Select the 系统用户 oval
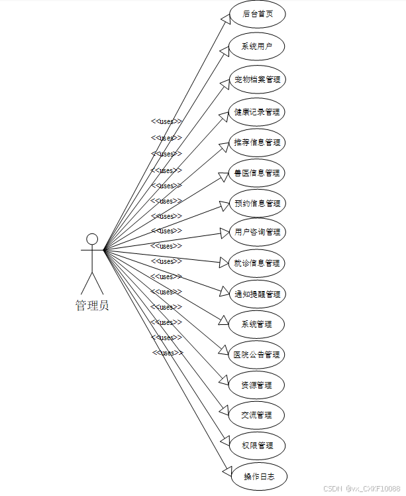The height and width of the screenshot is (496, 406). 257,46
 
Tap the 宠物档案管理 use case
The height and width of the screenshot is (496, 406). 257,80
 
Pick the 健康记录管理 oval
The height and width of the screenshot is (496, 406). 257,111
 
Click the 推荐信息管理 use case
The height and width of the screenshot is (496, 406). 257,142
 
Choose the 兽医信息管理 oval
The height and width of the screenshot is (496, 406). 257,172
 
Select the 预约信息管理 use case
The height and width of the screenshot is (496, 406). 257,203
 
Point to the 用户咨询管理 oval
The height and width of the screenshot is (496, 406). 257,232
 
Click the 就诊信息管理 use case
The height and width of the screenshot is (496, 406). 257,263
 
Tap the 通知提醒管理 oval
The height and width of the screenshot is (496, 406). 257,294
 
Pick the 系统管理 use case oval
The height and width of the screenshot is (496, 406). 257,324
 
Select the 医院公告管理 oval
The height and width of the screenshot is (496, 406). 257,354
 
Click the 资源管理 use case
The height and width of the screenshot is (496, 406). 257,385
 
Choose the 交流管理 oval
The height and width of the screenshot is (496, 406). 257,415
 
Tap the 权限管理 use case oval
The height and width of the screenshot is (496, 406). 257,446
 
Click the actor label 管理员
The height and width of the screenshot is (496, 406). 92,306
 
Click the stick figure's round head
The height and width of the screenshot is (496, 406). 92,239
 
